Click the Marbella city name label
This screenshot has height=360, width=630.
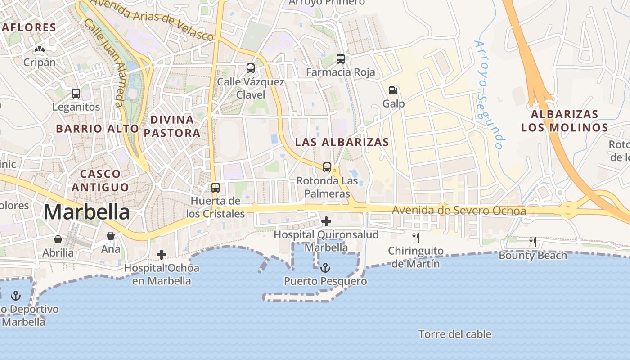pos(87,212)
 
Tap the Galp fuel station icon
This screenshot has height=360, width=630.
pos(393,90)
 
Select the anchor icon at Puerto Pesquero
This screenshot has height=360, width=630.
pos(325,268)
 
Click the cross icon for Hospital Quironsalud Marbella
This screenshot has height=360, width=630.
pos(326,221)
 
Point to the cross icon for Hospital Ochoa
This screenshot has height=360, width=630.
pos(162,255)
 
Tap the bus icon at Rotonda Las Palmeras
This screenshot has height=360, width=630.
pos(327,167)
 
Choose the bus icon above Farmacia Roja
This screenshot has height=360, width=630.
pos(341,59)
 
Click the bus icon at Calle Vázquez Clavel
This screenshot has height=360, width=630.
pos(251,68)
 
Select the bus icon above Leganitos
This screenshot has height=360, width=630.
pos(76,94)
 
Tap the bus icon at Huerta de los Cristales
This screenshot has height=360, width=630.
pos(216,188)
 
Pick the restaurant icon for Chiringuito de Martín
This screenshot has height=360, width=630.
pos(416,238)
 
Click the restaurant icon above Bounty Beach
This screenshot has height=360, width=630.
pos(533,242)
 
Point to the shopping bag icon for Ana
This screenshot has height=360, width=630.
pos(111,236)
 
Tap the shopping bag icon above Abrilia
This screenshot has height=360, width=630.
pos(58,239)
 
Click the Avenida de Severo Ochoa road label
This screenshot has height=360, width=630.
pos(459,211)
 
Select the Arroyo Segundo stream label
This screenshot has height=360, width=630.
pos(488,94)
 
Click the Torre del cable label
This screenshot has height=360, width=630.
pos(454,334)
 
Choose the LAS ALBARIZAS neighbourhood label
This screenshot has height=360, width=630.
pos(342,142)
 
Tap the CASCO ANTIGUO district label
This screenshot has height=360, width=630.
pos(100,180)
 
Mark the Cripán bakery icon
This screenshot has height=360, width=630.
pos(40,49)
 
